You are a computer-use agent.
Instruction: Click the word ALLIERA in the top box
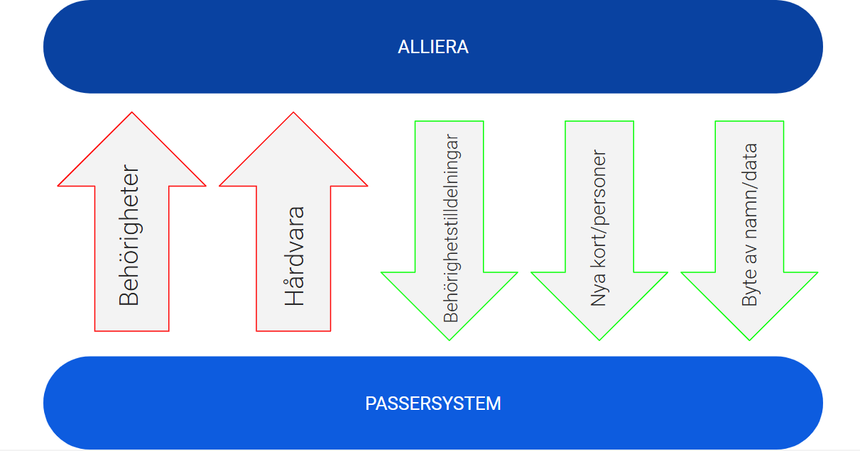pyautogui.click(x=433, y=48)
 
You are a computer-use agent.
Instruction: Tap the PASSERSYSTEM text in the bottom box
pyautogui.click(x=433, y=403)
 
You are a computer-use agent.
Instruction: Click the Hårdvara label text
pyautogui.click(x=295, y=256)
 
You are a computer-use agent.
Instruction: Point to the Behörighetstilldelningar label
pyautogui.click(x=451, y=228)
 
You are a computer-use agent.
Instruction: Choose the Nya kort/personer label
pyautogui.click(x=599, y=228)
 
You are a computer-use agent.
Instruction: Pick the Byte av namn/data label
pyautogui.click(x=749, y=225)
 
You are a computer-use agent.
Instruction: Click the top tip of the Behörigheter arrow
pyautogui.click(x=132, y=113)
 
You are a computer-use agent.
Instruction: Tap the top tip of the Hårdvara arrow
pyautogui.click(x=293, y=113)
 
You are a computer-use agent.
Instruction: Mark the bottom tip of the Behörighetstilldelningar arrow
pyautogui.click(x=449, y=338)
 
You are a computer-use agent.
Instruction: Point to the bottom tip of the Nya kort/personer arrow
pyautogui.click(x=599, y=338)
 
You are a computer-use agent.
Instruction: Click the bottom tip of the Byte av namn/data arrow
pyautogui.click(x=749, y=338)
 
